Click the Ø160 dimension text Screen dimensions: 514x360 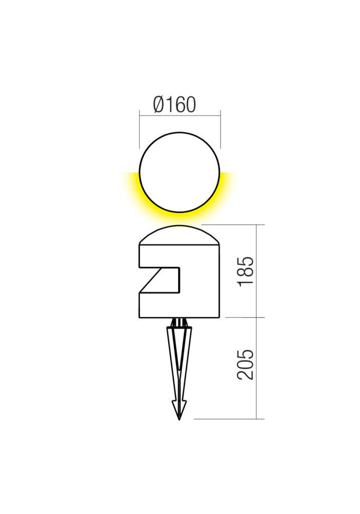[x=174, y=105]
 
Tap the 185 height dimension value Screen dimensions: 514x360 [x=246, y=272]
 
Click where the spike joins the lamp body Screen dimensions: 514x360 [x=179, y=320]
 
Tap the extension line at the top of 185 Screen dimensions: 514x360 [x=236, y=225]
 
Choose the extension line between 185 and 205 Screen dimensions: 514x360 [x=241, y=317]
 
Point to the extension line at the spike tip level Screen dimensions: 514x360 [x=226, y=419]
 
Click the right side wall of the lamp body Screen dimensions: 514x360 [x=220, y=281]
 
